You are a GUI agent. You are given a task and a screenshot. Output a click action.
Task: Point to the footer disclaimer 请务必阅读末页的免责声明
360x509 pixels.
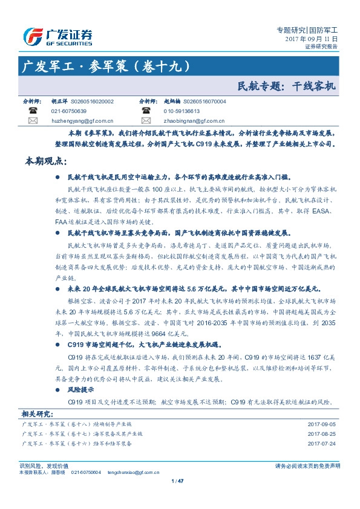307,465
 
